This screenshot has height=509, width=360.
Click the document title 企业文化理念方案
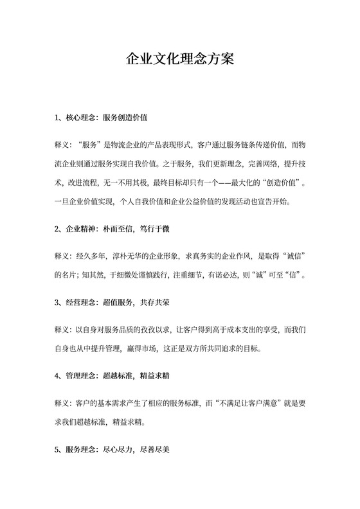tap(179, 60)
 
